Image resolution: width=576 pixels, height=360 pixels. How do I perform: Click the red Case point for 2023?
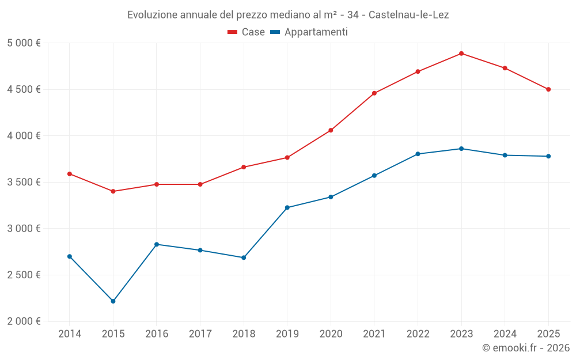461,54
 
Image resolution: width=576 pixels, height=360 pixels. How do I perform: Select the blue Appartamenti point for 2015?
113,301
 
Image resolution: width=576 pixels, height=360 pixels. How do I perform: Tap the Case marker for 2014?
70,174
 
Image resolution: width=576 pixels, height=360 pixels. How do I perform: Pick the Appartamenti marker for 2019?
287,207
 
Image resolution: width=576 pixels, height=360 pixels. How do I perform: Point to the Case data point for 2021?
374,93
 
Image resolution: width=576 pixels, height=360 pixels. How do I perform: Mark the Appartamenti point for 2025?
548,156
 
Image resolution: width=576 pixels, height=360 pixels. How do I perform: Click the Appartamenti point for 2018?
244,257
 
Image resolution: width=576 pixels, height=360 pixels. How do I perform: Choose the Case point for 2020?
331,130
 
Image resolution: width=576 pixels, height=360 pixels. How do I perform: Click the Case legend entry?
247,32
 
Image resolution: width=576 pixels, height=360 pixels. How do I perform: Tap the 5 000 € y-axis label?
24,43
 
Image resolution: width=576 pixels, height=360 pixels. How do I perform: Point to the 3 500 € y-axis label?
24,182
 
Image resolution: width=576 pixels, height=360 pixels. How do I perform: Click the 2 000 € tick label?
24,321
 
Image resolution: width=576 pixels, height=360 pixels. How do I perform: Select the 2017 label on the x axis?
200,334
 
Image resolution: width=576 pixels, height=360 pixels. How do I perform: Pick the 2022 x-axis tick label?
418,334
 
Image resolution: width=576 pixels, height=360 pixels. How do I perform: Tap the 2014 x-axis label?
70,334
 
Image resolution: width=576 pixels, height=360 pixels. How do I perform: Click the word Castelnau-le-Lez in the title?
408,14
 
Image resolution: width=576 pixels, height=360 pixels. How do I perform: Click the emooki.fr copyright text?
526,348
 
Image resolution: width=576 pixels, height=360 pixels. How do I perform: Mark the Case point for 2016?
157,184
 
